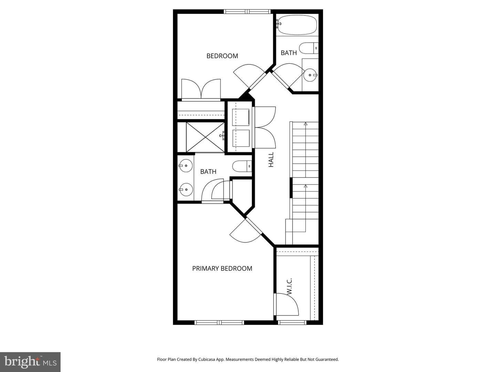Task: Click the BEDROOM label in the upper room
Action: [222, 56]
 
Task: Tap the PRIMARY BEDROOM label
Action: [222, 268]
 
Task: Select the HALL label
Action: [271, 159]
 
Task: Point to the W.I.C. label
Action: [289, 286]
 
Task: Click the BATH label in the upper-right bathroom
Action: [289, 53]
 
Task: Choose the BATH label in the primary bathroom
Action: [208, 172]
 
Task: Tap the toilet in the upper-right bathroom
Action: [309, 48]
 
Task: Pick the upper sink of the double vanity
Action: [186, 166]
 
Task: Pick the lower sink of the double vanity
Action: [186, 189]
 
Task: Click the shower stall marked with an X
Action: [205, 137]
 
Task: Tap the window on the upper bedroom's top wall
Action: [247, 11]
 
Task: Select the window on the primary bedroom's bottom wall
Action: [219, 322]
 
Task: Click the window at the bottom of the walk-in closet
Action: [292, 322]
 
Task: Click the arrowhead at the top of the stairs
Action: [306, 124]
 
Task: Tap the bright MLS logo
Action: [30, 362]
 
